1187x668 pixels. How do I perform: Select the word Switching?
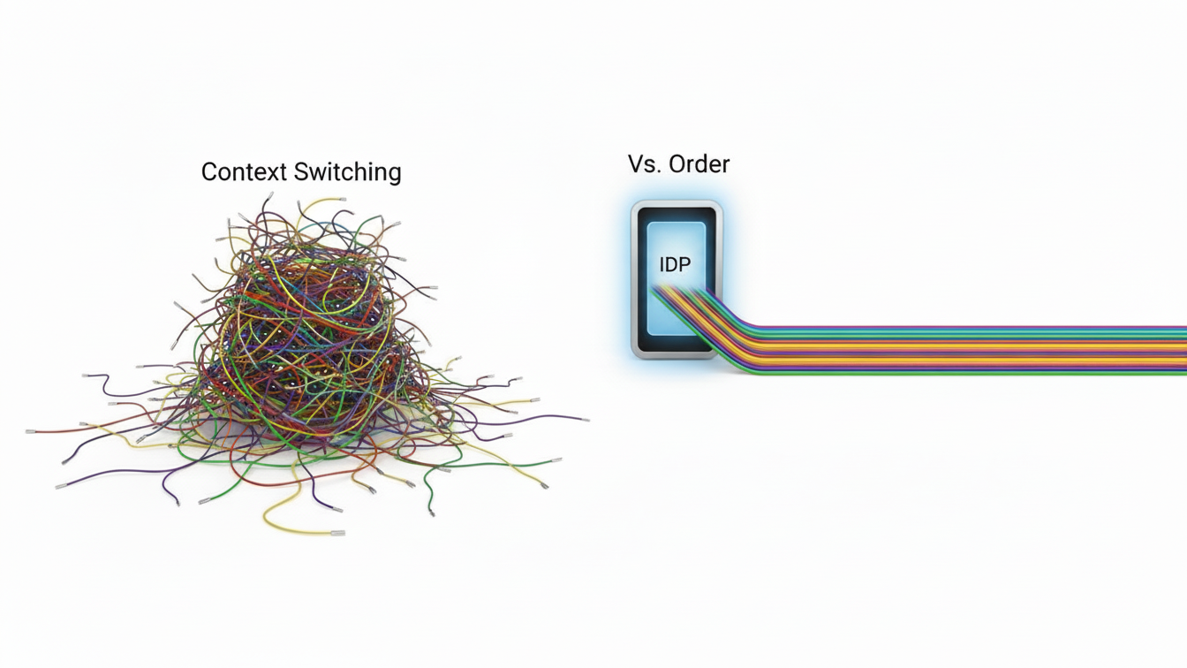tap(349, 172)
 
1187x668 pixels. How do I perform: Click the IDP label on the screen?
tap(675, 264)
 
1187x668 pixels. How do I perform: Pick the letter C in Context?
tap(209, 171)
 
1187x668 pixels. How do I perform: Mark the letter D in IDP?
tap(674, 264)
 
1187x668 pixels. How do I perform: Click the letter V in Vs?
tap(635, 163)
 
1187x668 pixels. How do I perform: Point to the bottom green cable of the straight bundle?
tap(972, 373)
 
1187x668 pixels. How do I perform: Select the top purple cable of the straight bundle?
tap(972, 328)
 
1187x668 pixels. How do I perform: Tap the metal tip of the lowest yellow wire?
tap(337, 533)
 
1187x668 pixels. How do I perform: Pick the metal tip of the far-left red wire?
tap(31, 431)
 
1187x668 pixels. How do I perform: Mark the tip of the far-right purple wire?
tap(584, 419)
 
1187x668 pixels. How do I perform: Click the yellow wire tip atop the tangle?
tap(342, 200)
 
